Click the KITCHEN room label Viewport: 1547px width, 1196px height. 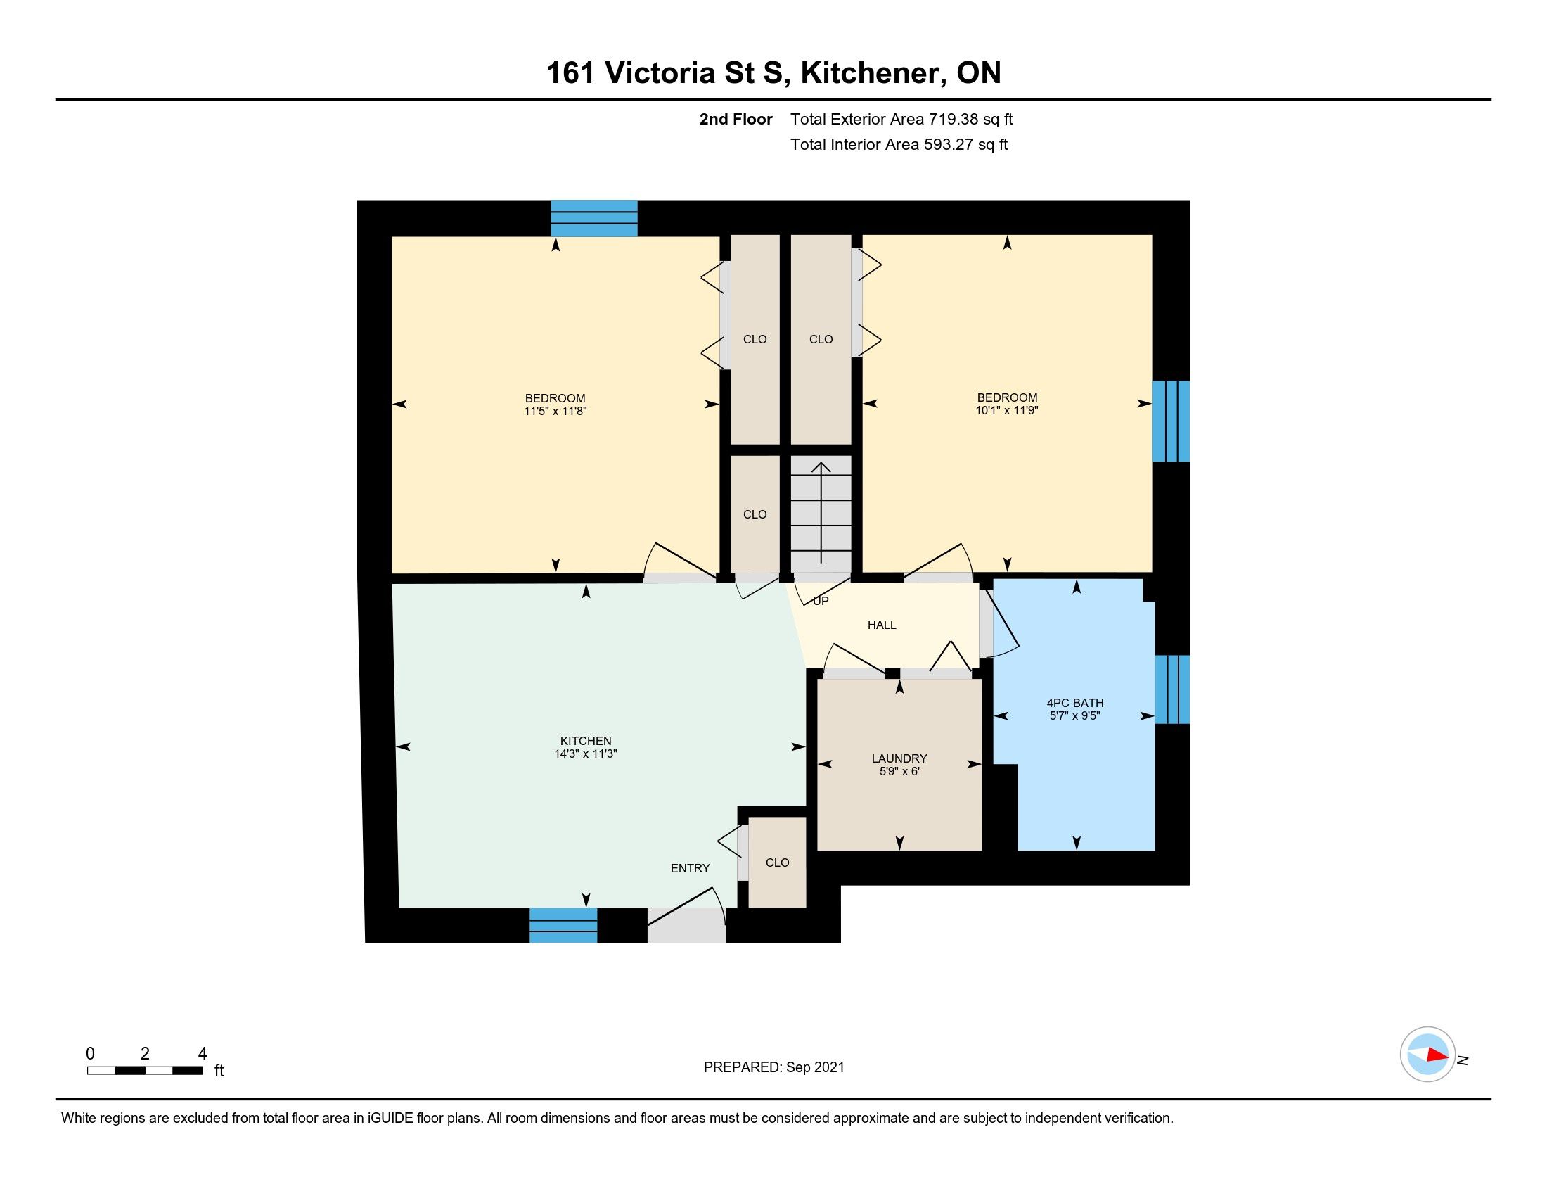586,741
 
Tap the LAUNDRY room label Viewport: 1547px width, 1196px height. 899,758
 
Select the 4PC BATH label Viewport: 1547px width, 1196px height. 1075,703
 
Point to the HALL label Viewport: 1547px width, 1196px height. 882,625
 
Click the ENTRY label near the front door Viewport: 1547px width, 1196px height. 691,868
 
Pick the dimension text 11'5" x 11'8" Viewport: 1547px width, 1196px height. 556,411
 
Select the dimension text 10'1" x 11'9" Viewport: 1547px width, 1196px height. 1007,410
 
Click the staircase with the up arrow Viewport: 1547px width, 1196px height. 821,514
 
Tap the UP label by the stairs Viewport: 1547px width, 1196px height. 821,601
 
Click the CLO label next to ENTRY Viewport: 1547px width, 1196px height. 778,863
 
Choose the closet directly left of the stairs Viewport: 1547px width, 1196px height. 755,514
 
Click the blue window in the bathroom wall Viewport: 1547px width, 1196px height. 1172,689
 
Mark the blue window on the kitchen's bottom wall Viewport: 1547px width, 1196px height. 564,925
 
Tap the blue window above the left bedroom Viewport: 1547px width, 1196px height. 594,218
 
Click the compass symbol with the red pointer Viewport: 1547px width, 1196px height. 1428,1054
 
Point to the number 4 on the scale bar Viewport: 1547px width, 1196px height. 203,1054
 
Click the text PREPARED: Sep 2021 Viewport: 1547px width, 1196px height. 774,1067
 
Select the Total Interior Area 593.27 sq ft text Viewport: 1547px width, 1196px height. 899,144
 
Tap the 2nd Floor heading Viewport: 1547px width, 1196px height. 736,119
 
